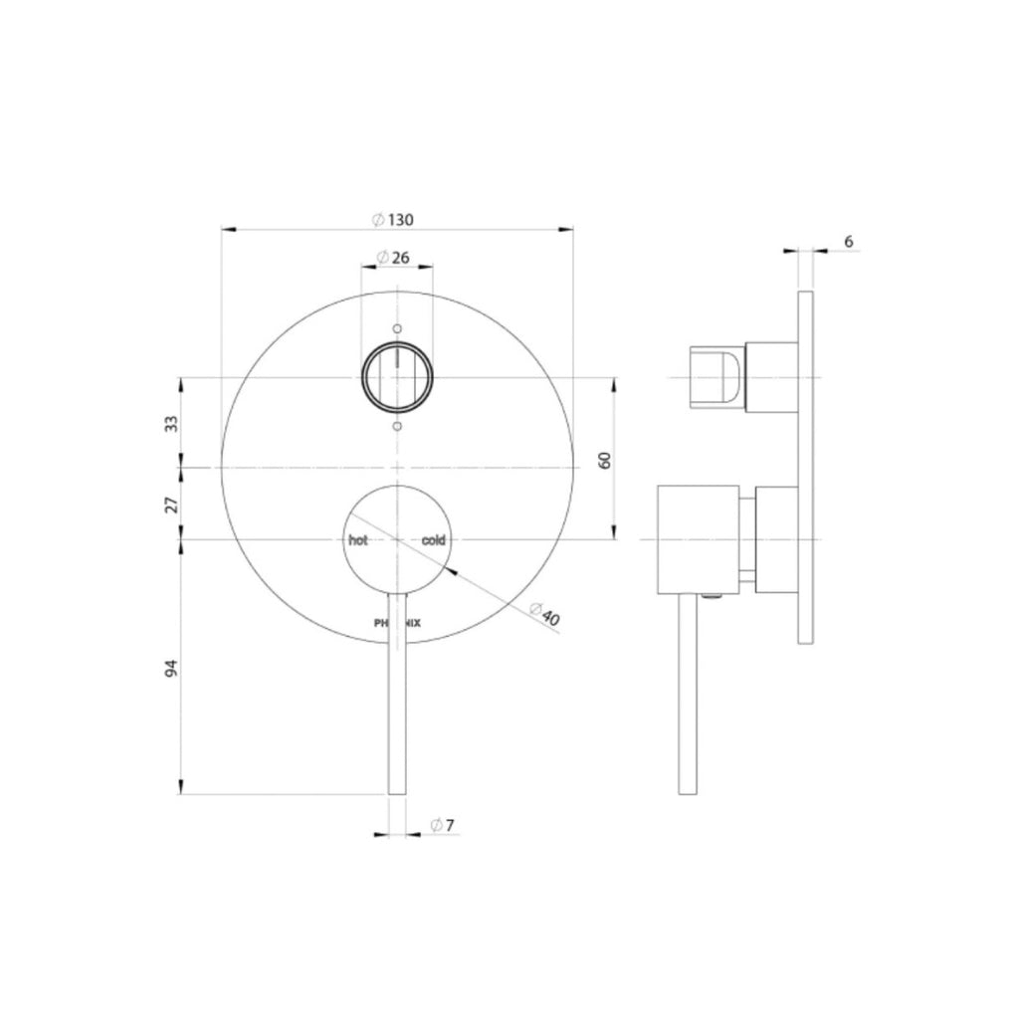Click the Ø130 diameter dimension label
[x=391, y=220]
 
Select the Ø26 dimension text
[x=394, y=257]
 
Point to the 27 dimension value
[x=171, y=504]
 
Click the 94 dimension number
[x=171, y=667]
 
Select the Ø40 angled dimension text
[x=544, y=614]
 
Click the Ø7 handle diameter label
[x=443, y=824]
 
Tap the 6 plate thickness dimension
[x=848, y=241]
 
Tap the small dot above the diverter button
[x=397, y=328]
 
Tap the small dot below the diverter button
[x=397, y=426]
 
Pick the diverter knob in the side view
[x=717, y=377]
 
